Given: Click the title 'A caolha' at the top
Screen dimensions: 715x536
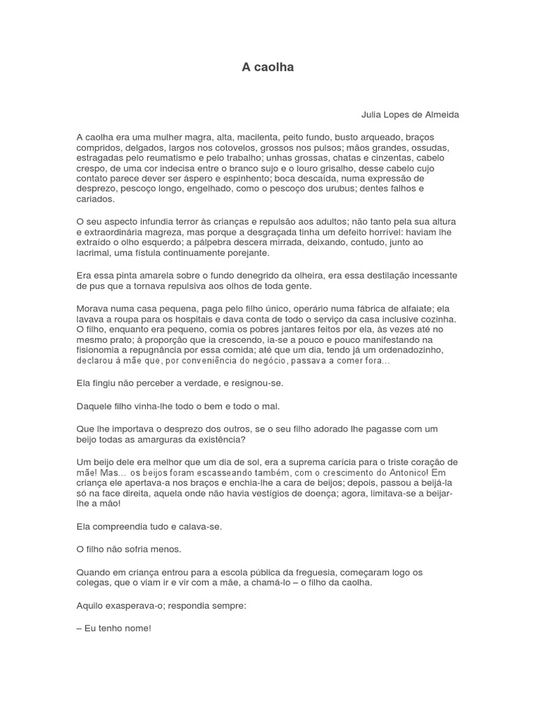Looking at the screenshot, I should pyautogui.click(x=267, y=67).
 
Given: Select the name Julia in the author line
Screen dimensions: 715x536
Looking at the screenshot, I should pyautogui.click(x=373, y=114).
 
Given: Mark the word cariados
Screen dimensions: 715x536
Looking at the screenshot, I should pyautogui.click(x=95, y=199).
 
